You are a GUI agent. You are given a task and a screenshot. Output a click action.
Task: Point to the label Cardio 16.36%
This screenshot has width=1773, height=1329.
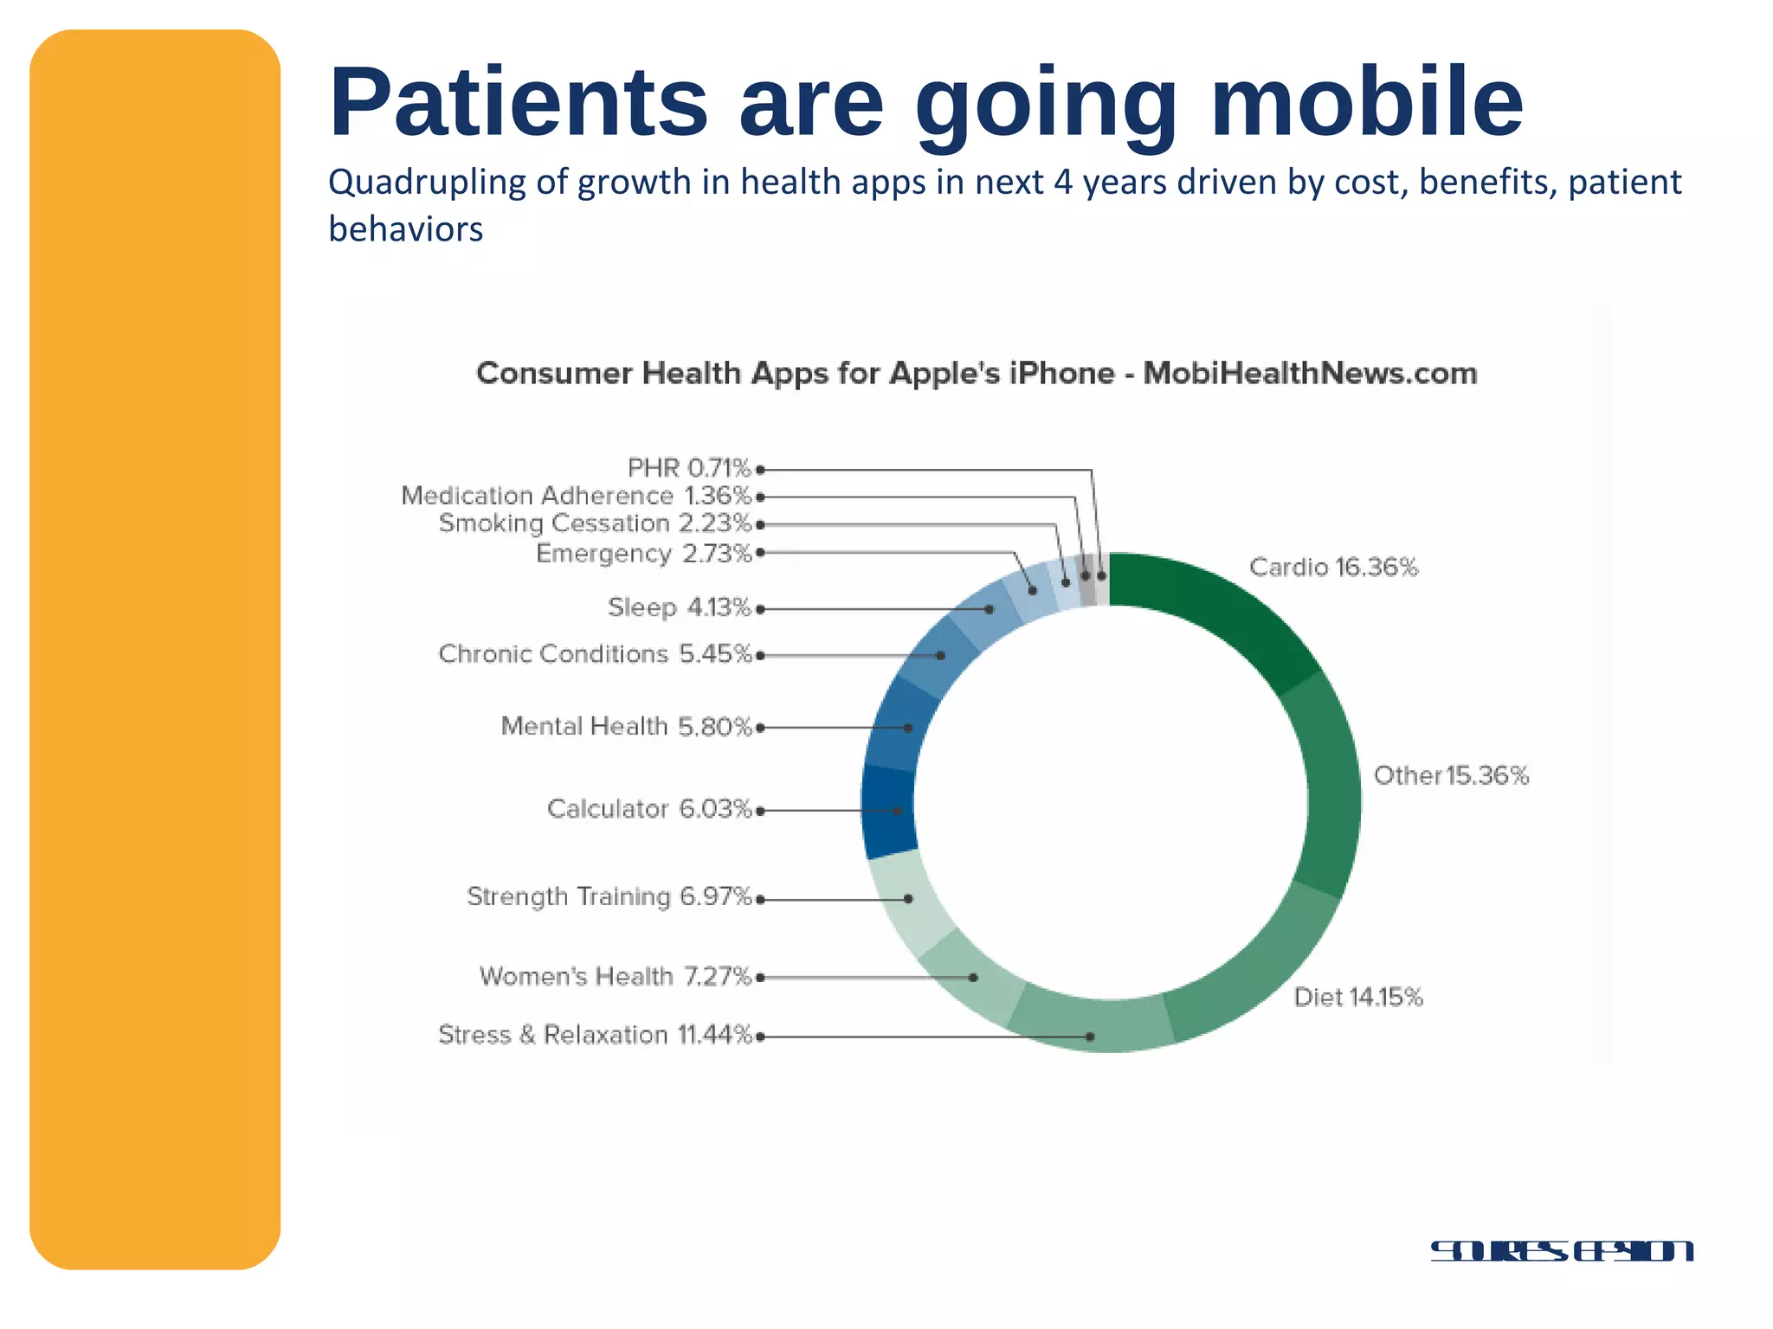(x=1333, y=568)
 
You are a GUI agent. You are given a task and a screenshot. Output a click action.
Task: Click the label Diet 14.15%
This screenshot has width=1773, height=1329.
(x=1357, y=998)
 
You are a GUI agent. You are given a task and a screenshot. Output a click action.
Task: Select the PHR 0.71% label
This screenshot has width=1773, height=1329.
(x=689, y=468)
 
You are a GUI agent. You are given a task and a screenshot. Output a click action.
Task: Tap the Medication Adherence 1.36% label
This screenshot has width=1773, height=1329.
(x=576, y=496)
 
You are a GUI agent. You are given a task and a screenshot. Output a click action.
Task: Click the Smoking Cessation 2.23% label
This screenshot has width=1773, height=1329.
(x=595, y=523)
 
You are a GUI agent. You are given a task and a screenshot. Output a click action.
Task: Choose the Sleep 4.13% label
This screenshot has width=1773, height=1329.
(x=679, y=607)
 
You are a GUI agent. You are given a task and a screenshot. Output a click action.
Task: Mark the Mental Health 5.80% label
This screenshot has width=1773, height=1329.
(x=626, y=726)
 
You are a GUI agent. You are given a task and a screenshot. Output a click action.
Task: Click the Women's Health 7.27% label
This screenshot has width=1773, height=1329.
(x=615, y=977)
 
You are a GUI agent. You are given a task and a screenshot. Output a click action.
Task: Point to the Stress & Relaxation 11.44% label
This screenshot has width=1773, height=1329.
(x=595, y=1035)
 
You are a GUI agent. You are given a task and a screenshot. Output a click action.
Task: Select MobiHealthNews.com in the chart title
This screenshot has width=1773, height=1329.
(x=1310, y=374)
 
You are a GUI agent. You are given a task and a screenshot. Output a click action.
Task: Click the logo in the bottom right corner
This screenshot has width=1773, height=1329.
(x=1561, y=1251)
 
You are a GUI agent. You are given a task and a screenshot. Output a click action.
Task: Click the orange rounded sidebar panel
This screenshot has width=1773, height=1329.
(x=155, y=649)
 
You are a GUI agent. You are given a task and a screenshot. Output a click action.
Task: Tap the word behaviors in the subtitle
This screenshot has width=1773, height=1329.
(x=405, y=230)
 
